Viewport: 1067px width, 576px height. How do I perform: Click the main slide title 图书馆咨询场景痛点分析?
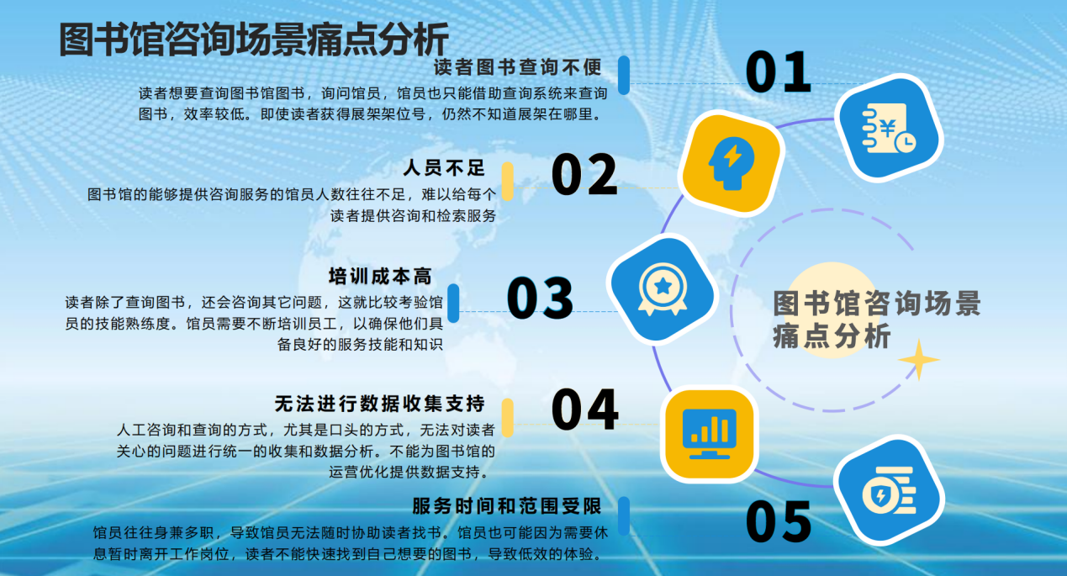tap(254, 39)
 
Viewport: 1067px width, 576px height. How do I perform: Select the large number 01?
tap(779, 72)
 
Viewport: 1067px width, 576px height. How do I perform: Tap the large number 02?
tap(584, 174)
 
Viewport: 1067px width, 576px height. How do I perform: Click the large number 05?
tap(779, 521)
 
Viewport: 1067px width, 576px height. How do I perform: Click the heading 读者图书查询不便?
tap(518, 66)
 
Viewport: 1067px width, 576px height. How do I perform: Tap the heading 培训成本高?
tap(380, 277)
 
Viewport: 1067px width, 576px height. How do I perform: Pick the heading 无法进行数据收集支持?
tap(379, 403)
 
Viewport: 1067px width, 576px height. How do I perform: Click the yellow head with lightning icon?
tap(731, 162)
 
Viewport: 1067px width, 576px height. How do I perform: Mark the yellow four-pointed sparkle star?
tap(919, 361)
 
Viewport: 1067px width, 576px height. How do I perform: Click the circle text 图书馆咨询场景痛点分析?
tap(876, 320)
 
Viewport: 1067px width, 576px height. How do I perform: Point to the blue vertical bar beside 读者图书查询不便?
tap(624, 75)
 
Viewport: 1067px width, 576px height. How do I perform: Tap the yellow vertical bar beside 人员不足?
tap(508, 181)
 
